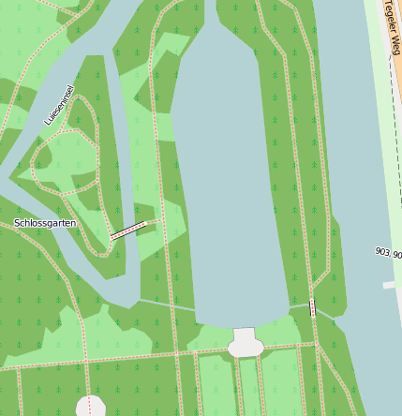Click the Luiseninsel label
[59, 106]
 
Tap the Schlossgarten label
[45, 223]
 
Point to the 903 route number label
[381, 252]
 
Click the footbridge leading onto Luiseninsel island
[128, 230]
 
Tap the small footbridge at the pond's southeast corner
[312, 307]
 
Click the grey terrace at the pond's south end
[246, 343]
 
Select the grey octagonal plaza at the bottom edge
[90, 406]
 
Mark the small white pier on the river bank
[389, 284]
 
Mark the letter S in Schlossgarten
[17, 223]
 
